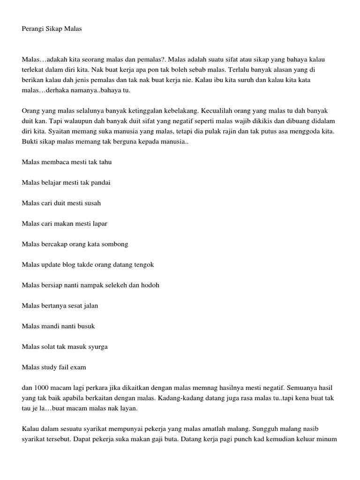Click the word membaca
(54, 162)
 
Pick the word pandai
(100, 182)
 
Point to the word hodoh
(150, 285)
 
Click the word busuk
(86, 326)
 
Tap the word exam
(78, 367)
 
